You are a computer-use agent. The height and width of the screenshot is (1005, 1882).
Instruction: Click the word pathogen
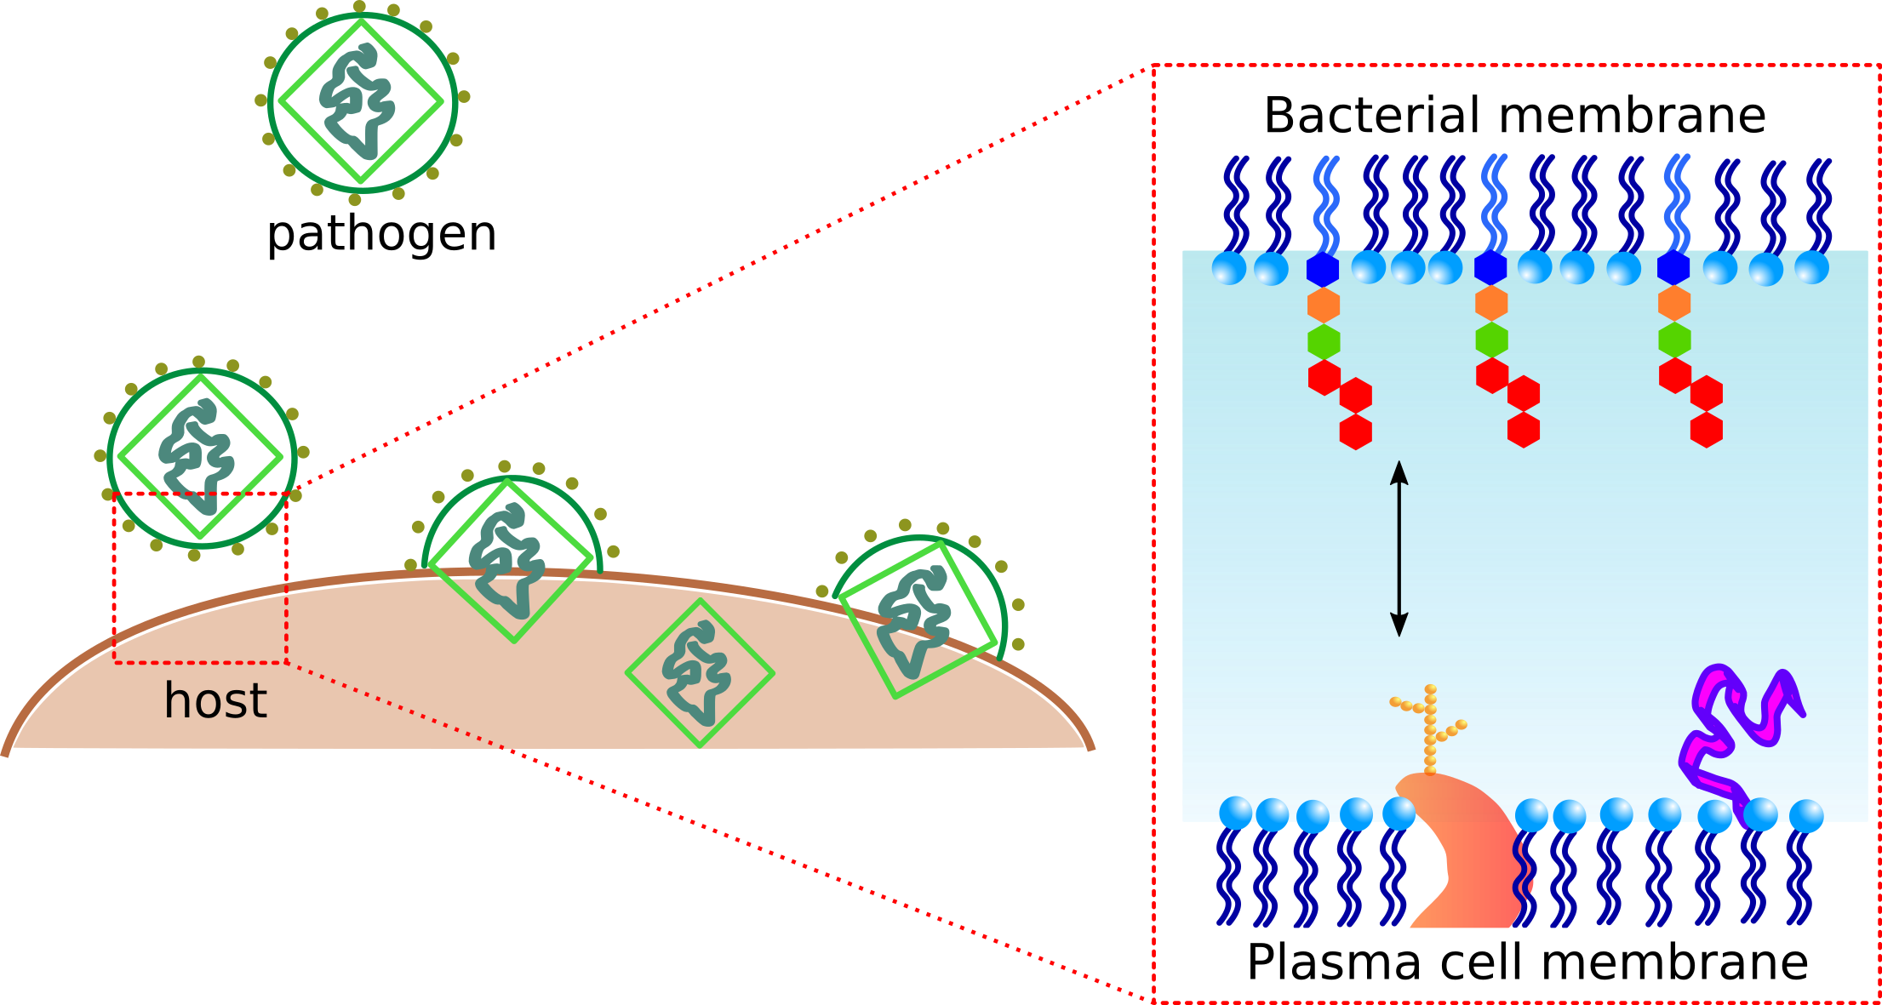382,235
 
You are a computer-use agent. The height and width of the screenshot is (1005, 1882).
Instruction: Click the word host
215,700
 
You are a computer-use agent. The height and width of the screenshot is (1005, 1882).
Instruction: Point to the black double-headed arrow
1399,549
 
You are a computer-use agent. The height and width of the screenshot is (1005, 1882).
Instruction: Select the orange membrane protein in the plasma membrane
1460,851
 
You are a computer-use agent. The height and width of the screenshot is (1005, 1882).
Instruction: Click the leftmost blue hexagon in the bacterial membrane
1323,269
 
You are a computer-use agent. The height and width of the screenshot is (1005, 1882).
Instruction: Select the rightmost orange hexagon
1674,303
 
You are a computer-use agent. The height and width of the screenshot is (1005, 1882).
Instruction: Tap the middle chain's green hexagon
1491,340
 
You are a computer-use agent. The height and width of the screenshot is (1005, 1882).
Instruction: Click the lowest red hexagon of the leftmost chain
1356,431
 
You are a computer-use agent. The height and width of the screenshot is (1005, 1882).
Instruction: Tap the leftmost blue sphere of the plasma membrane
1235,814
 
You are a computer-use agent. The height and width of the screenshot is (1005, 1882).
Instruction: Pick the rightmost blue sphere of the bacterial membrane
1811,268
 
